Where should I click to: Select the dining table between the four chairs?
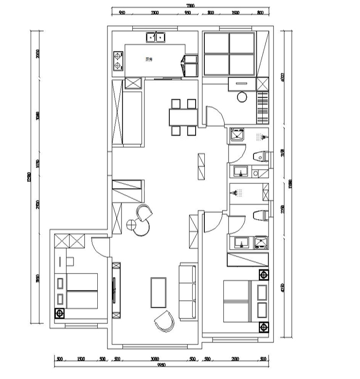click(183, 117)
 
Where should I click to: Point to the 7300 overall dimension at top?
click(190, 6)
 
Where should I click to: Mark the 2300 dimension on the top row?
click(154, 13)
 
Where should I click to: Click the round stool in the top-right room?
click(242, 98)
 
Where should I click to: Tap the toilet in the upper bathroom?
click(261, 156)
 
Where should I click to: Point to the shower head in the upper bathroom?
click(263, 137)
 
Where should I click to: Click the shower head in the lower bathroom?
click(238, 193)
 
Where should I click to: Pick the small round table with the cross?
click(131, 224)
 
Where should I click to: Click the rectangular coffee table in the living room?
click(159, 292)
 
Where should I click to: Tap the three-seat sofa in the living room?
click(188, 292)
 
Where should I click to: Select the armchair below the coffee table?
click(164, 321)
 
